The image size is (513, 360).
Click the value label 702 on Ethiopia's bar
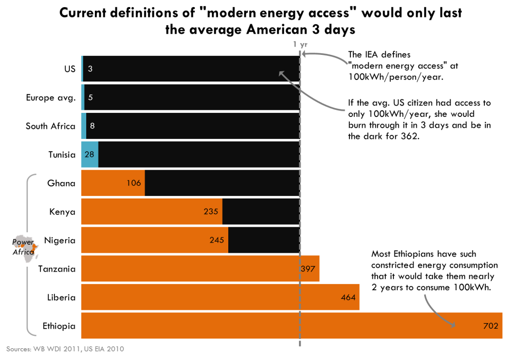click(x=491, y=326)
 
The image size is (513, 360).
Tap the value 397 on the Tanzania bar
click(x=308, y=269)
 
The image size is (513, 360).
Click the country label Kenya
click(x=62, y=212)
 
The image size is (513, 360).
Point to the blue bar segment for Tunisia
click(x=89, y=154)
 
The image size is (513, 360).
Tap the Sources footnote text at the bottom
click(x=65, y=349)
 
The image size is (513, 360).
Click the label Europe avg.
click(x=51, y=97)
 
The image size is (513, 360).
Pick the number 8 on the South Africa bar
click(x=92, y=126)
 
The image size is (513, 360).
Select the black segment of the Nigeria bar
click(x=264, y=240)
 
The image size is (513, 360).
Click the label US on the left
click(x=70, y=69)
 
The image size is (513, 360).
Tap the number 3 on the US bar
click(x=90, y=69)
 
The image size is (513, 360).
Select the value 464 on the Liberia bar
click(x=348, y=297)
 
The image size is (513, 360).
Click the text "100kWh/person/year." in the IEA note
click(x=396, y=76)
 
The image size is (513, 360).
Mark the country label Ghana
click(x=61, y=183)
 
